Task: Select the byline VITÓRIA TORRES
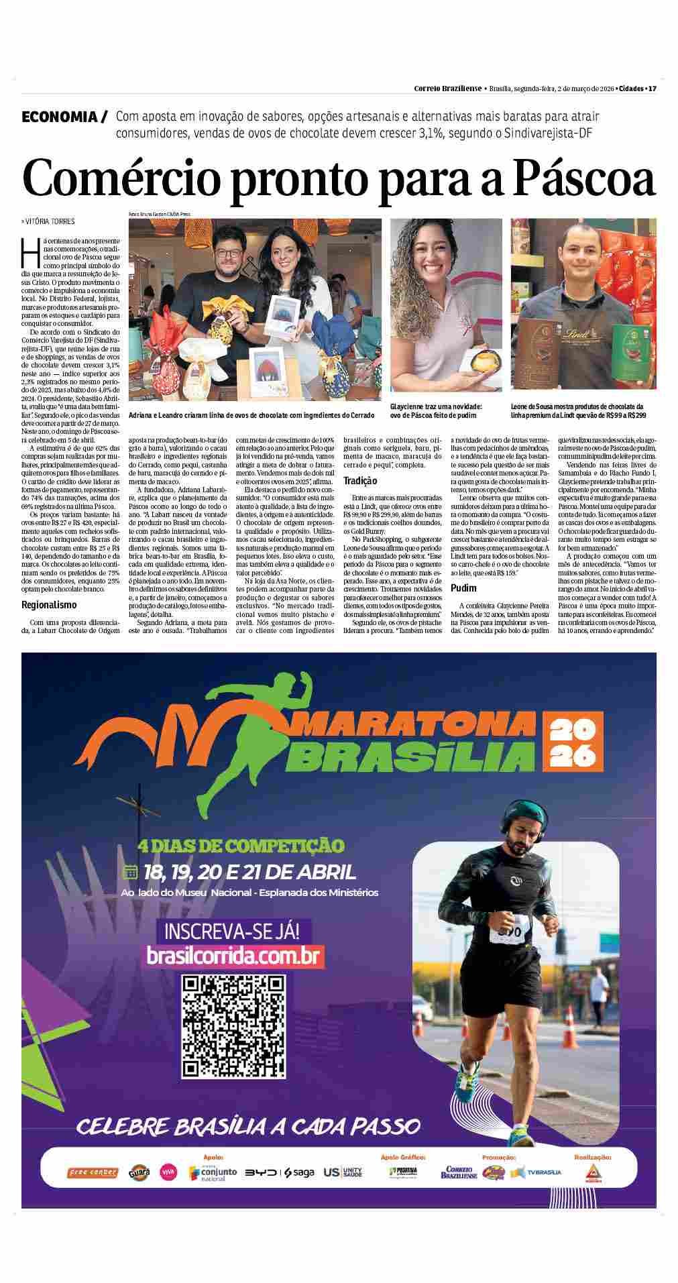(49, 221)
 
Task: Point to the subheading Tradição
(360, 480)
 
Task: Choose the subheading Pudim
(464, 588)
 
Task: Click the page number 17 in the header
(651, 88)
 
